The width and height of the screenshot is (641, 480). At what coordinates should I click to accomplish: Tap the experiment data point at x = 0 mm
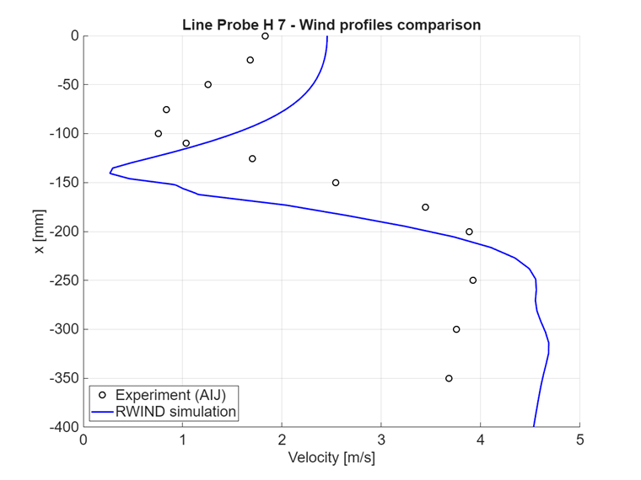pos(265,36)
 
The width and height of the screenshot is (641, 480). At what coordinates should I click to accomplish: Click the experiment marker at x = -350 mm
pos(449,378)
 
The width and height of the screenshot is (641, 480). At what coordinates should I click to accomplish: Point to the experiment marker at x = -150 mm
pos(336,183)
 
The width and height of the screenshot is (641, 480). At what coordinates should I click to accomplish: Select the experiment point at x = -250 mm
pos(472,280)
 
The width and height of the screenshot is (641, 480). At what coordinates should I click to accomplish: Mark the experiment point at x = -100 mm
pos(158,134)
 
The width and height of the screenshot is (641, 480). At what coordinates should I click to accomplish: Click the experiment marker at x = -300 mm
pos(456,329)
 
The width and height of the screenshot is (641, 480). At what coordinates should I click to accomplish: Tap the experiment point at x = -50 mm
pos(207,84)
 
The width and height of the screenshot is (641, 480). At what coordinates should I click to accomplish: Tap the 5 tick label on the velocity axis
pos(579,440)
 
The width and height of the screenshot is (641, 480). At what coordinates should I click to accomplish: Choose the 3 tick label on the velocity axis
pos(381,440)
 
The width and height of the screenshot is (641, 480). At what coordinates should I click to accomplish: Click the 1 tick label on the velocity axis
pos(182,440)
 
